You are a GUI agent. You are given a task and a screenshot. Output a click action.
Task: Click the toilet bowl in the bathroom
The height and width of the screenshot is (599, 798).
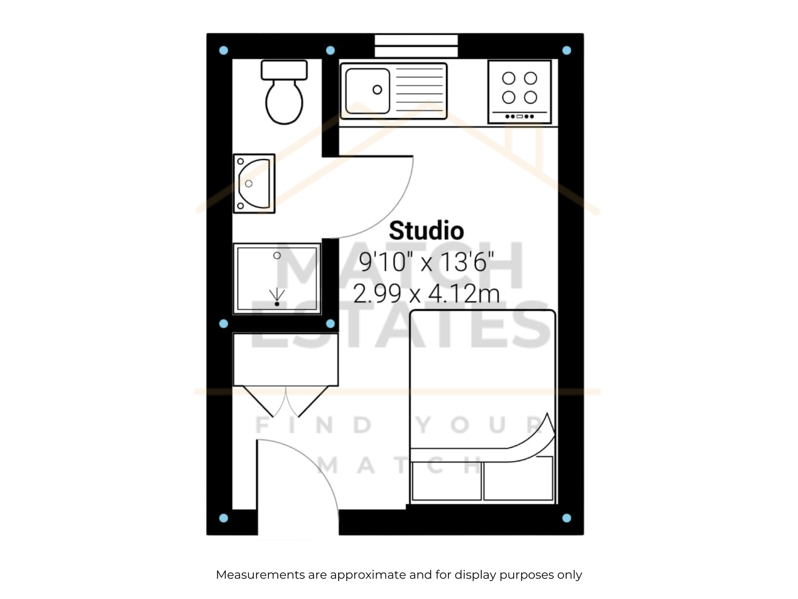(284, 102)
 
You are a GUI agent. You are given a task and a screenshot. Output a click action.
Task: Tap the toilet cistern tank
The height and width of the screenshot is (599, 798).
(284, 70)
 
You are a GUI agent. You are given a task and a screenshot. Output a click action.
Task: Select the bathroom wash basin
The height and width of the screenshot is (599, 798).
(254, 184)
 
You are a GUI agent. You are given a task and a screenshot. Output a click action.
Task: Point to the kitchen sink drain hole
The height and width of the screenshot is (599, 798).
(378, 89)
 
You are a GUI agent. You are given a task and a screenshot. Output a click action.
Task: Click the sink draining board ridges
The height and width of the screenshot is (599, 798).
(419, 90)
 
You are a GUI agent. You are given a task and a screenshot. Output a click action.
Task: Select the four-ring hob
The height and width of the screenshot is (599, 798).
(520, 92)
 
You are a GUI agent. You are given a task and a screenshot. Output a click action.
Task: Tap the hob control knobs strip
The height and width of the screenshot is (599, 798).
(520, 116)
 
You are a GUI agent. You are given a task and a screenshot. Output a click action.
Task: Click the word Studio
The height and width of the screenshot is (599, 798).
(426, 231)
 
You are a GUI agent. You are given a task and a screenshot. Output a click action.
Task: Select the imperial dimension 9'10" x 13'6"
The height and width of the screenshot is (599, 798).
(426, 262)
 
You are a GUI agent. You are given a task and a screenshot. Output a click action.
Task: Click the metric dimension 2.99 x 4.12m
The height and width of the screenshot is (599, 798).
(426, 294)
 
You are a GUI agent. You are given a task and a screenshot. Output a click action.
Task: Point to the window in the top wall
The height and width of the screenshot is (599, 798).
(416, 46)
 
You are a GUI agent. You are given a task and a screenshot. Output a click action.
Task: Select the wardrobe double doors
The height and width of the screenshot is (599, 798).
(286, 401)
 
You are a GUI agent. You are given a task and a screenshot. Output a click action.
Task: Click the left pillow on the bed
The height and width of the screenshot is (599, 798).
(447, 481)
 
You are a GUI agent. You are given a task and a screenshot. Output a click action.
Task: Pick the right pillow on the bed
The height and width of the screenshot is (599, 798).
(518, 479)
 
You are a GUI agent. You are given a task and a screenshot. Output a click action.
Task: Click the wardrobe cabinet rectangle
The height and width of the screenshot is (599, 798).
(286, 360)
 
